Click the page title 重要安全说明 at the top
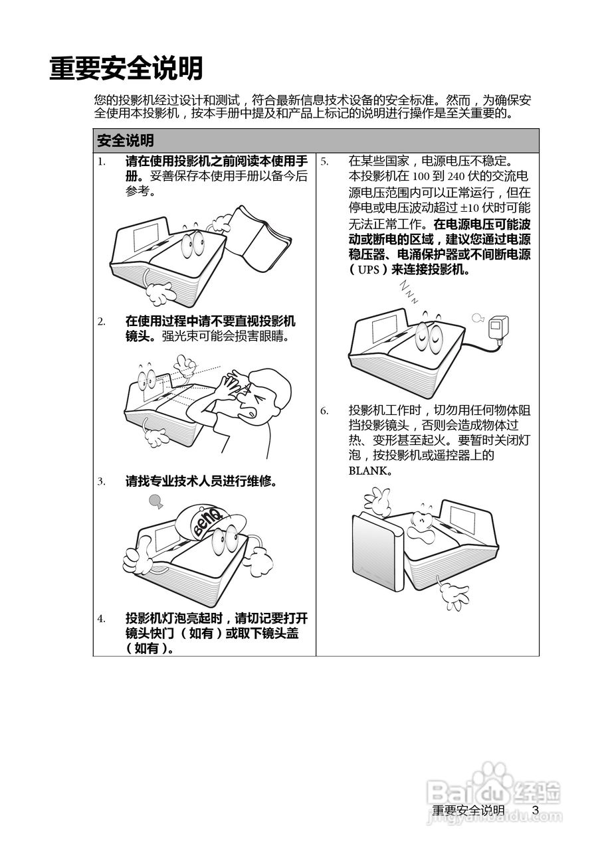(126, 68)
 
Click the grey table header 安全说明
(126, 141)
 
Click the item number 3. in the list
(102, 481)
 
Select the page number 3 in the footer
(535, 810)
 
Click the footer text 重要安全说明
(468, 811)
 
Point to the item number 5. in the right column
(325, 161)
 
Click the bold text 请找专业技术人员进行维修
(201, 481)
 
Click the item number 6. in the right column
(325, 410)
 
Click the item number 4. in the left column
(102, 619)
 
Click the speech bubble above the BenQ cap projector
(155, 500)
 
